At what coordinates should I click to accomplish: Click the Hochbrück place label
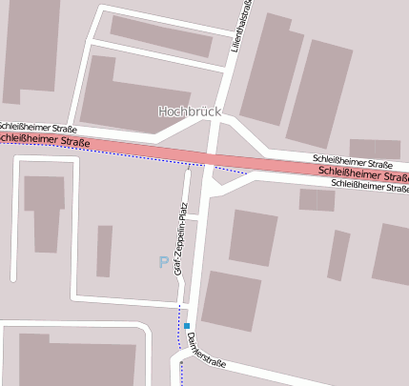[x=189, y=112]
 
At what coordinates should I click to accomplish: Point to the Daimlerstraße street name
[x=205, y=350]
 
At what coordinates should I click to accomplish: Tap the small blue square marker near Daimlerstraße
[x=187, y=326]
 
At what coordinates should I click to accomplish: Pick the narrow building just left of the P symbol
[x=104, y=251]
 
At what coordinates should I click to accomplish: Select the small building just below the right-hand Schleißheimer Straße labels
[x=317, y=199]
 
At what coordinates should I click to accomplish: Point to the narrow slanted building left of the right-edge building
[x=338, y=254]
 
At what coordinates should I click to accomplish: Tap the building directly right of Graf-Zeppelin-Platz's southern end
[x=231, y=301]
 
